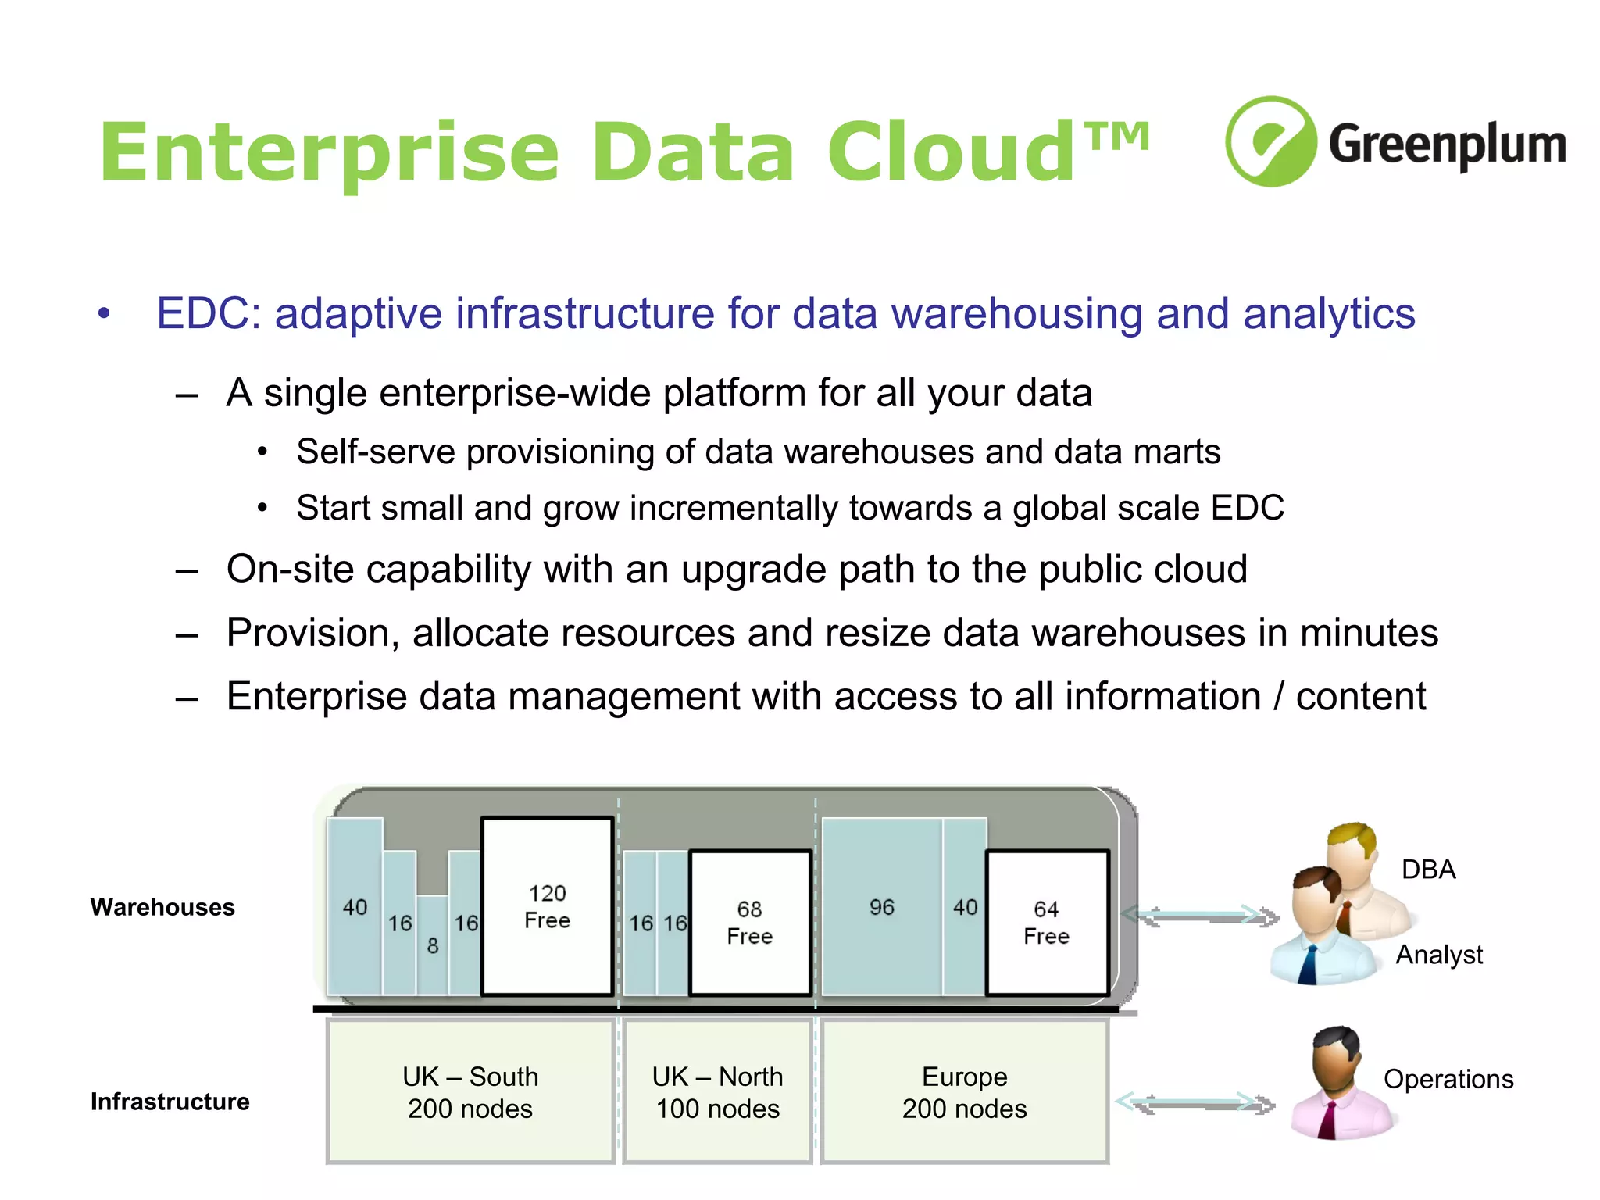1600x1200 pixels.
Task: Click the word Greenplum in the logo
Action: click(1447, 145)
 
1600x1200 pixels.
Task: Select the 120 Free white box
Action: click(547, 906)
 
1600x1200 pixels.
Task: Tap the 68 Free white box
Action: click(750, 923)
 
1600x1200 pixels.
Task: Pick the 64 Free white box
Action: click(1047, 923)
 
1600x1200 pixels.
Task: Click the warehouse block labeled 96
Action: click(881, 907)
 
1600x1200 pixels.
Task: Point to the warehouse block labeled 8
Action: click(432, 945)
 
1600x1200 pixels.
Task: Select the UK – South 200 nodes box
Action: click(470, 1092)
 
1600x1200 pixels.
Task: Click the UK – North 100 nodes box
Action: click(717, 1092)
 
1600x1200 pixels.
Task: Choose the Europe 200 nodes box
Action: click(964, 1092)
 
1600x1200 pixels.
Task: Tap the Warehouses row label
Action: click(162, 907)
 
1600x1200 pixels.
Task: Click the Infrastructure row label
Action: click(170, 1102)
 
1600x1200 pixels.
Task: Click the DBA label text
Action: click(1428, 870)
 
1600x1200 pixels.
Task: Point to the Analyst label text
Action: click(1439, 955)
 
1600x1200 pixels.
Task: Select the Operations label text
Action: click(1448, 1079)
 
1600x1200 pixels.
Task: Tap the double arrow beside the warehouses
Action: click(1200, 916)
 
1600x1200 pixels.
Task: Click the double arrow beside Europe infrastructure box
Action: click(1195, 1103)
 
